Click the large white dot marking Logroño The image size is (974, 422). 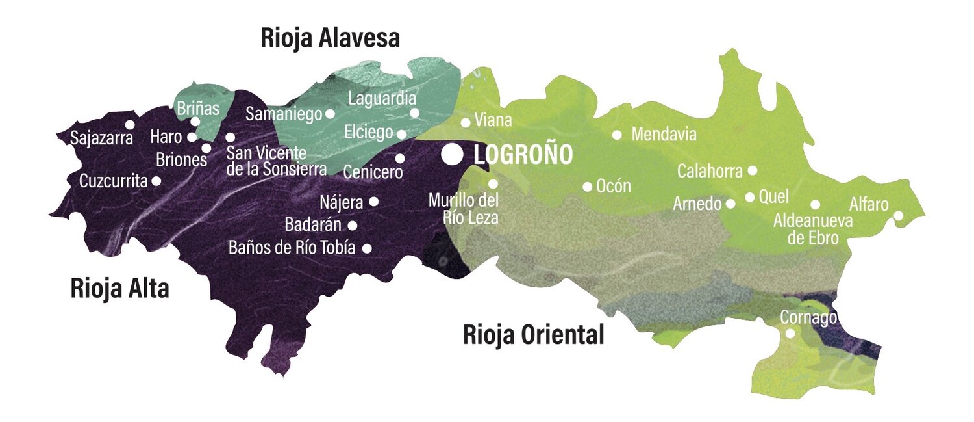453,154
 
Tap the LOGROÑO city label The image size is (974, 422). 523,155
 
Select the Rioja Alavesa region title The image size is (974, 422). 330,38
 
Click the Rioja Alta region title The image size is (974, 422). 119,288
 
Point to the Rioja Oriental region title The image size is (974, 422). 533,335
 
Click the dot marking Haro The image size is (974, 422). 192,137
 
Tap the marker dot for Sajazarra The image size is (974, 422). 130,124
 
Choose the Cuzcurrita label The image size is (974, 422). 114,181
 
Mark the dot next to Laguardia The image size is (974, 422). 415,112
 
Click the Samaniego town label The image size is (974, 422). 284,114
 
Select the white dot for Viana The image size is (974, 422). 466,122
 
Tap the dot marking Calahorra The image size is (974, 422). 752,170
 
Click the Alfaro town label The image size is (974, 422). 869,204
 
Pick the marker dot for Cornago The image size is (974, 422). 790,334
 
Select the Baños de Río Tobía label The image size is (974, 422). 292,248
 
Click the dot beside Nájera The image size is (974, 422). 373,202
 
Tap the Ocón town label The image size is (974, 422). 614,186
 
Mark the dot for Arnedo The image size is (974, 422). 730,204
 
